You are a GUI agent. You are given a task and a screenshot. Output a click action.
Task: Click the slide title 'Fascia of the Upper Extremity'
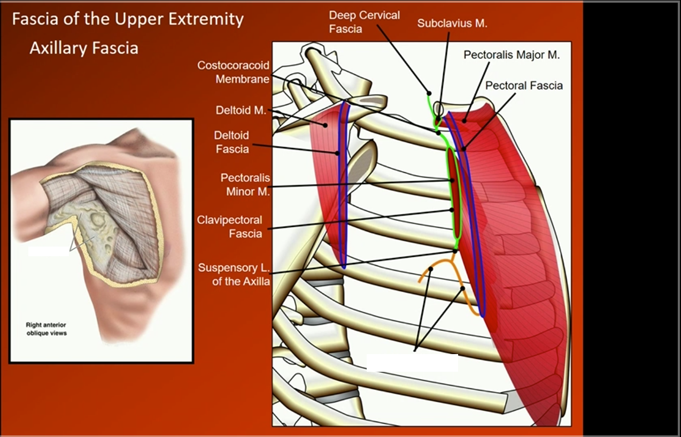click(128, 20)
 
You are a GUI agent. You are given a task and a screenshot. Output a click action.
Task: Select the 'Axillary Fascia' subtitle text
click(84, 48)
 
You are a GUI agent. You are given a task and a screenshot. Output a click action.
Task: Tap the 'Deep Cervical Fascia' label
click(364, 22)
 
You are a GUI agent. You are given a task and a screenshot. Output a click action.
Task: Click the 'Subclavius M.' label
click(452, 24)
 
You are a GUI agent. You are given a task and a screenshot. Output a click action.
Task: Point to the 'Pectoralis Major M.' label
click(512, 55)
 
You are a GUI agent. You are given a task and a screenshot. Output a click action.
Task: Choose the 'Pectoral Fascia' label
click(524, 86)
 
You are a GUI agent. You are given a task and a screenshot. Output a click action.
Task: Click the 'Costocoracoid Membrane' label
click(234, 72)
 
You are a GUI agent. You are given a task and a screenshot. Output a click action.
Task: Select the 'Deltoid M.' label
click(241, 111)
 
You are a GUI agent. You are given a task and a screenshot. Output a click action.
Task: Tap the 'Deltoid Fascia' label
click(232, 142)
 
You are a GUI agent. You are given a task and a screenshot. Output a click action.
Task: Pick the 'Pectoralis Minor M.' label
click(245, 184)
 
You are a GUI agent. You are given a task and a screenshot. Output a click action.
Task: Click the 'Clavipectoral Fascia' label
click(229, 227)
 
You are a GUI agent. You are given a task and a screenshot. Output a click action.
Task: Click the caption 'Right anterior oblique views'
click(47, 329)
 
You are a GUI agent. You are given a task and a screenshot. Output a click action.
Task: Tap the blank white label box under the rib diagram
click(412, 363)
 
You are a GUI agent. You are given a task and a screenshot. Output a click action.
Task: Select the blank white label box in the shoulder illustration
click(49, 250)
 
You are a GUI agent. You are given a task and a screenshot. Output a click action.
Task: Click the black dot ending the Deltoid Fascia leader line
click(338, 153)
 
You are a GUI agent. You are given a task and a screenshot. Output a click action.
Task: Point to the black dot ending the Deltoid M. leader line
click(326, 125)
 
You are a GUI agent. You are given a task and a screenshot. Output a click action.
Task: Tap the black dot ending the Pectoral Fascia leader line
click(463, 149)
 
